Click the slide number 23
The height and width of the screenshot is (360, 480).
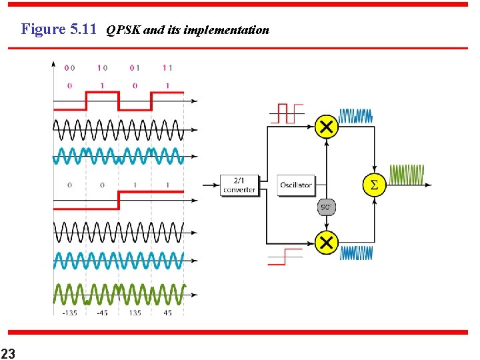[8, 352]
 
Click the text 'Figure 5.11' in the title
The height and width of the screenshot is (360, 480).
[59, 29]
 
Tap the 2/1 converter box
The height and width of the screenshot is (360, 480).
[239, 185]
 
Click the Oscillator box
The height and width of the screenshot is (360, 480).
[296, 185]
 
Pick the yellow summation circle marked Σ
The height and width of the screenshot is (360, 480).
[374, 185]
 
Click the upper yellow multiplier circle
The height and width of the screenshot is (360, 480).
[326, 125]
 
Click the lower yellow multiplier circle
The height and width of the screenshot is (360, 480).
[326, 242]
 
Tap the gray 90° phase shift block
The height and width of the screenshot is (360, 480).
[326, 207]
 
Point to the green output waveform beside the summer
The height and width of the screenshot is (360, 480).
[407, 175]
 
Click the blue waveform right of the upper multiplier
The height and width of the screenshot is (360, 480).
[355, 116]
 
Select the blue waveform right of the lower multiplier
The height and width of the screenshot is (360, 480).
[356, 253]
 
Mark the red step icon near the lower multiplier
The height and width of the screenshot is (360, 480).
[285, 256]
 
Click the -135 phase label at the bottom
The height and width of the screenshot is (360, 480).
[69, 313]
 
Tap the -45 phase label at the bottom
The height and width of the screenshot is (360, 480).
[103, 313]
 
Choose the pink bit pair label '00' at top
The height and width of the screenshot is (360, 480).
[69, 67]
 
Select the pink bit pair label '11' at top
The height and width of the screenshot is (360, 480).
[167, 67]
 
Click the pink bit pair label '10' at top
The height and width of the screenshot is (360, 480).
[102, 67]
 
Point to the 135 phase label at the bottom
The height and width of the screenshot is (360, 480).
[135, 313]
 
